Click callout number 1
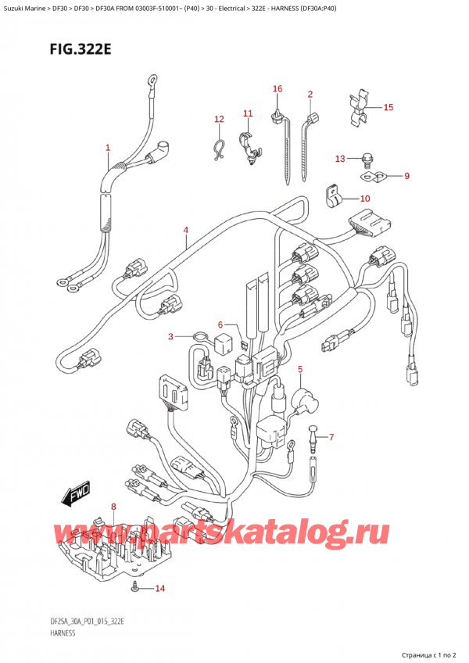click(108, 148)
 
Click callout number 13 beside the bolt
click(338, 159)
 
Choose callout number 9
click(406, 177)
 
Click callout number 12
click(219, 120)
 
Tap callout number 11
click(248, 114)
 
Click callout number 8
click(114, 507)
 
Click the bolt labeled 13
click(367, 162)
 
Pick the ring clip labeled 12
click(220, 146)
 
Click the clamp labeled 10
click(333, 196)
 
